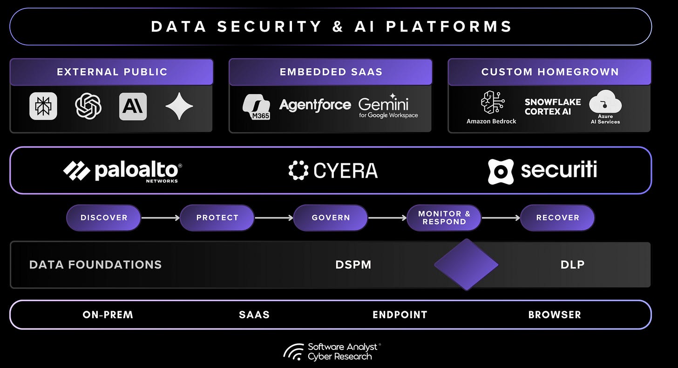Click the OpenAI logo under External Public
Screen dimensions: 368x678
(88, 106)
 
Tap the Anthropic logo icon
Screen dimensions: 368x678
(133, 106)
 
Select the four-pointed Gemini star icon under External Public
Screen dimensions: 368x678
(179, 106)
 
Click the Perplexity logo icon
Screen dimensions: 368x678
(43, 106)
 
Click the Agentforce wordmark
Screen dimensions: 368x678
(315, 105)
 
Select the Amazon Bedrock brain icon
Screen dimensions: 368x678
(491, 102)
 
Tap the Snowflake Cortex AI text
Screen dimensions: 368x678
(553, 107)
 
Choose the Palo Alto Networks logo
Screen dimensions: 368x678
(122, 171)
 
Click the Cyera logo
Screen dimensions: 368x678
(333, 171)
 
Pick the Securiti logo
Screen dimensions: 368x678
(542, 171)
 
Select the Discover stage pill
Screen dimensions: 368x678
(104, 218)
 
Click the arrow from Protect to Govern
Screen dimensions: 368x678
(274, 218)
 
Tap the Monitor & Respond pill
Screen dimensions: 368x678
(444, 218)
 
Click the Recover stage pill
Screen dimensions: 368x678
(557, 218)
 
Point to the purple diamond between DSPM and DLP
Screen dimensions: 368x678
(466, 265)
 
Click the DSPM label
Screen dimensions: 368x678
(353, 265)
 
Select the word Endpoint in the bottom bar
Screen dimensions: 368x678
(400, 315)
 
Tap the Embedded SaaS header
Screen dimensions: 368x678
(331, 72)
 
